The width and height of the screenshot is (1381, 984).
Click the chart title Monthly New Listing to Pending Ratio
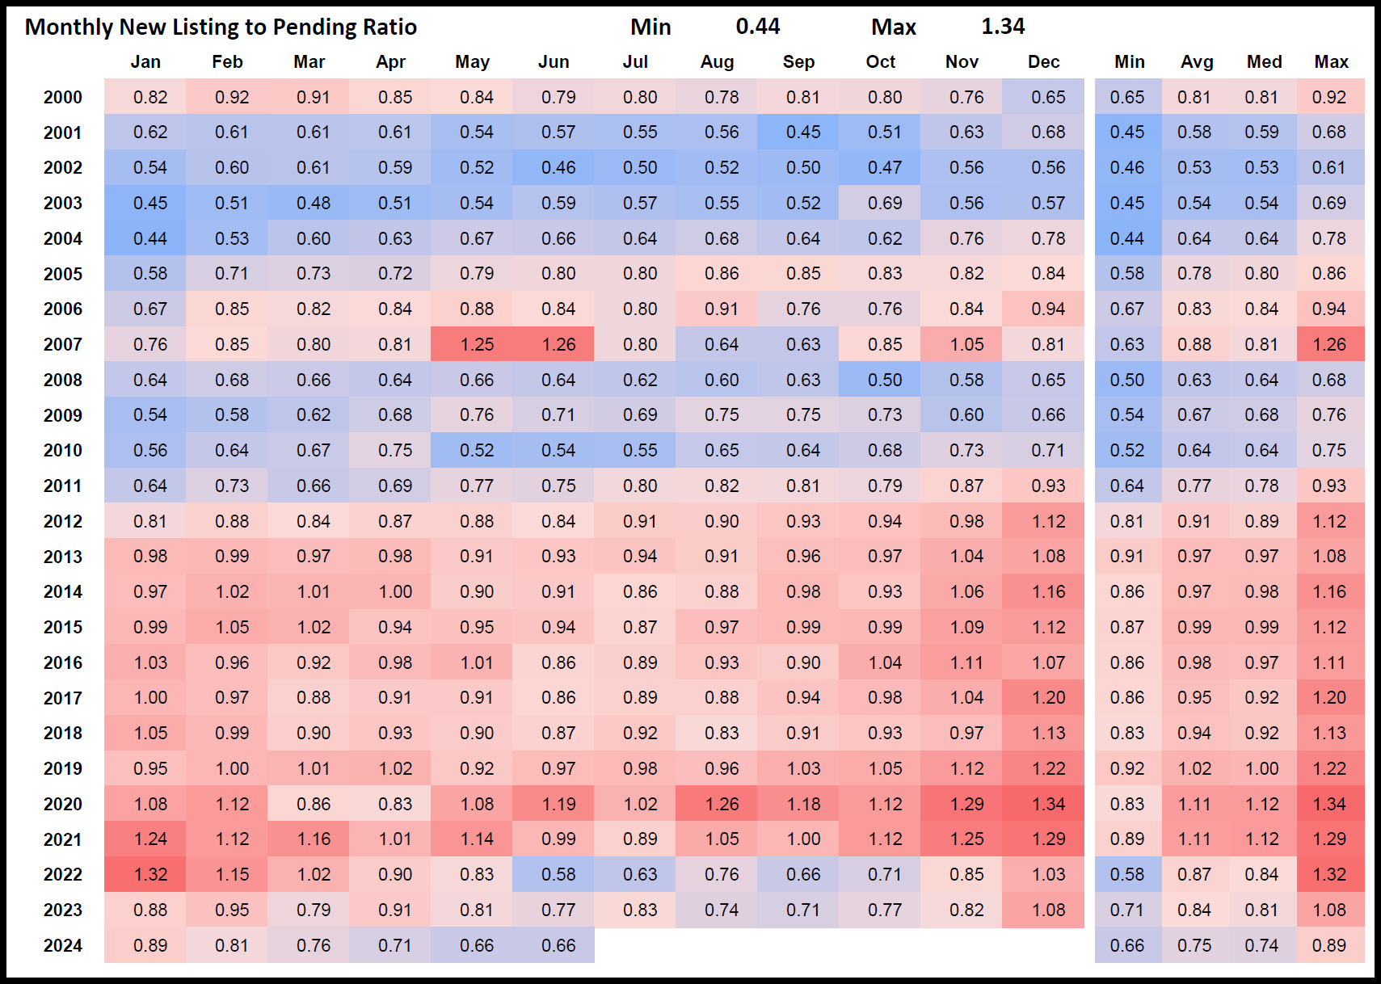(221, 27)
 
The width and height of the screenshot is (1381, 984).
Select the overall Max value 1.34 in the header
(1002, 27)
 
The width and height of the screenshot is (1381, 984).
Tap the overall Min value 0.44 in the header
(757, 27)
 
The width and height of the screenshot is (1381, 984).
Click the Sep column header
(798, 62)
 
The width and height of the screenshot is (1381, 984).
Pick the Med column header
(1264, 62)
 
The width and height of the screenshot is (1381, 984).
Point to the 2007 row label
(63, 345)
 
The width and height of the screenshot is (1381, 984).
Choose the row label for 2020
(63, 805)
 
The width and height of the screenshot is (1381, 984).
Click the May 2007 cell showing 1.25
(477, 345)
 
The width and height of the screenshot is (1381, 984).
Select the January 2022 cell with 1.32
(150, 875)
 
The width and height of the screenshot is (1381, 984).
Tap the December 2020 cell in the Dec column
(1048, 805)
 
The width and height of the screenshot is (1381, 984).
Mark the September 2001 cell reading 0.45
(803, 132)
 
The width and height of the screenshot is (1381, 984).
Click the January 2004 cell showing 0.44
(150, 239)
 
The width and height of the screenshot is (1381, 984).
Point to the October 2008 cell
(885, 381)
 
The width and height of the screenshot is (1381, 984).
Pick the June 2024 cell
(558, 946)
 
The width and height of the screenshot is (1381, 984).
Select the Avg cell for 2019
(1194, 769)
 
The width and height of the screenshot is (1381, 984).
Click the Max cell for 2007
(1329, 345)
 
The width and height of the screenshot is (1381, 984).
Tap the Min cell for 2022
(1126, 875)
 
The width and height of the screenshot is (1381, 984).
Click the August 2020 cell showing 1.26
(722, 805)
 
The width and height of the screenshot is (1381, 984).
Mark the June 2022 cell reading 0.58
(558, 875)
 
